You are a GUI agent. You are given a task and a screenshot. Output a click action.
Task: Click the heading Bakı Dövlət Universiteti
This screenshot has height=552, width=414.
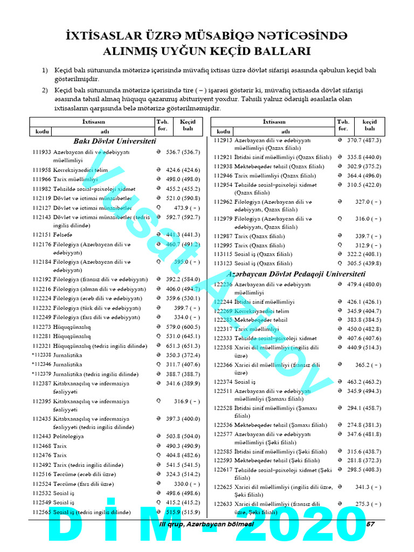[114, 141]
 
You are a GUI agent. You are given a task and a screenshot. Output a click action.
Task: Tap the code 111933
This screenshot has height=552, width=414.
[42, 153]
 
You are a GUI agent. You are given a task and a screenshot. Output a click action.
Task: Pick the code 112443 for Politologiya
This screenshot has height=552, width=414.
[42, 436]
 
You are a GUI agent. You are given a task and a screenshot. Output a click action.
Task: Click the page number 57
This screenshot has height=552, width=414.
[370, 525]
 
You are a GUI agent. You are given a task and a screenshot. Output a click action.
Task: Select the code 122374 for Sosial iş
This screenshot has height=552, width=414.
[223, 382]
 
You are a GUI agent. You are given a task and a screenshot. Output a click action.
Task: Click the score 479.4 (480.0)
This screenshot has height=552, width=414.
[364, 284]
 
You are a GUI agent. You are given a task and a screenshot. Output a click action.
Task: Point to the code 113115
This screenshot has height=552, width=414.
[223, 254]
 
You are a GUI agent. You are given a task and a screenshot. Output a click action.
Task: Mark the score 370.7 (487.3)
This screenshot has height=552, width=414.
[364, 140]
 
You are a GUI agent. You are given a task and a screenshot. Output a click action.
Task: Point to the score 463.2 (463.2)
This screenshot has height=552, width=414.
[364, 382]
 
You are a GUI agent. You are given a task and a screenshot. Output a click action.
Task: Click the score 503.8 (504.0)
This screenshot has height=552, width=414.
[183, 436]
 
